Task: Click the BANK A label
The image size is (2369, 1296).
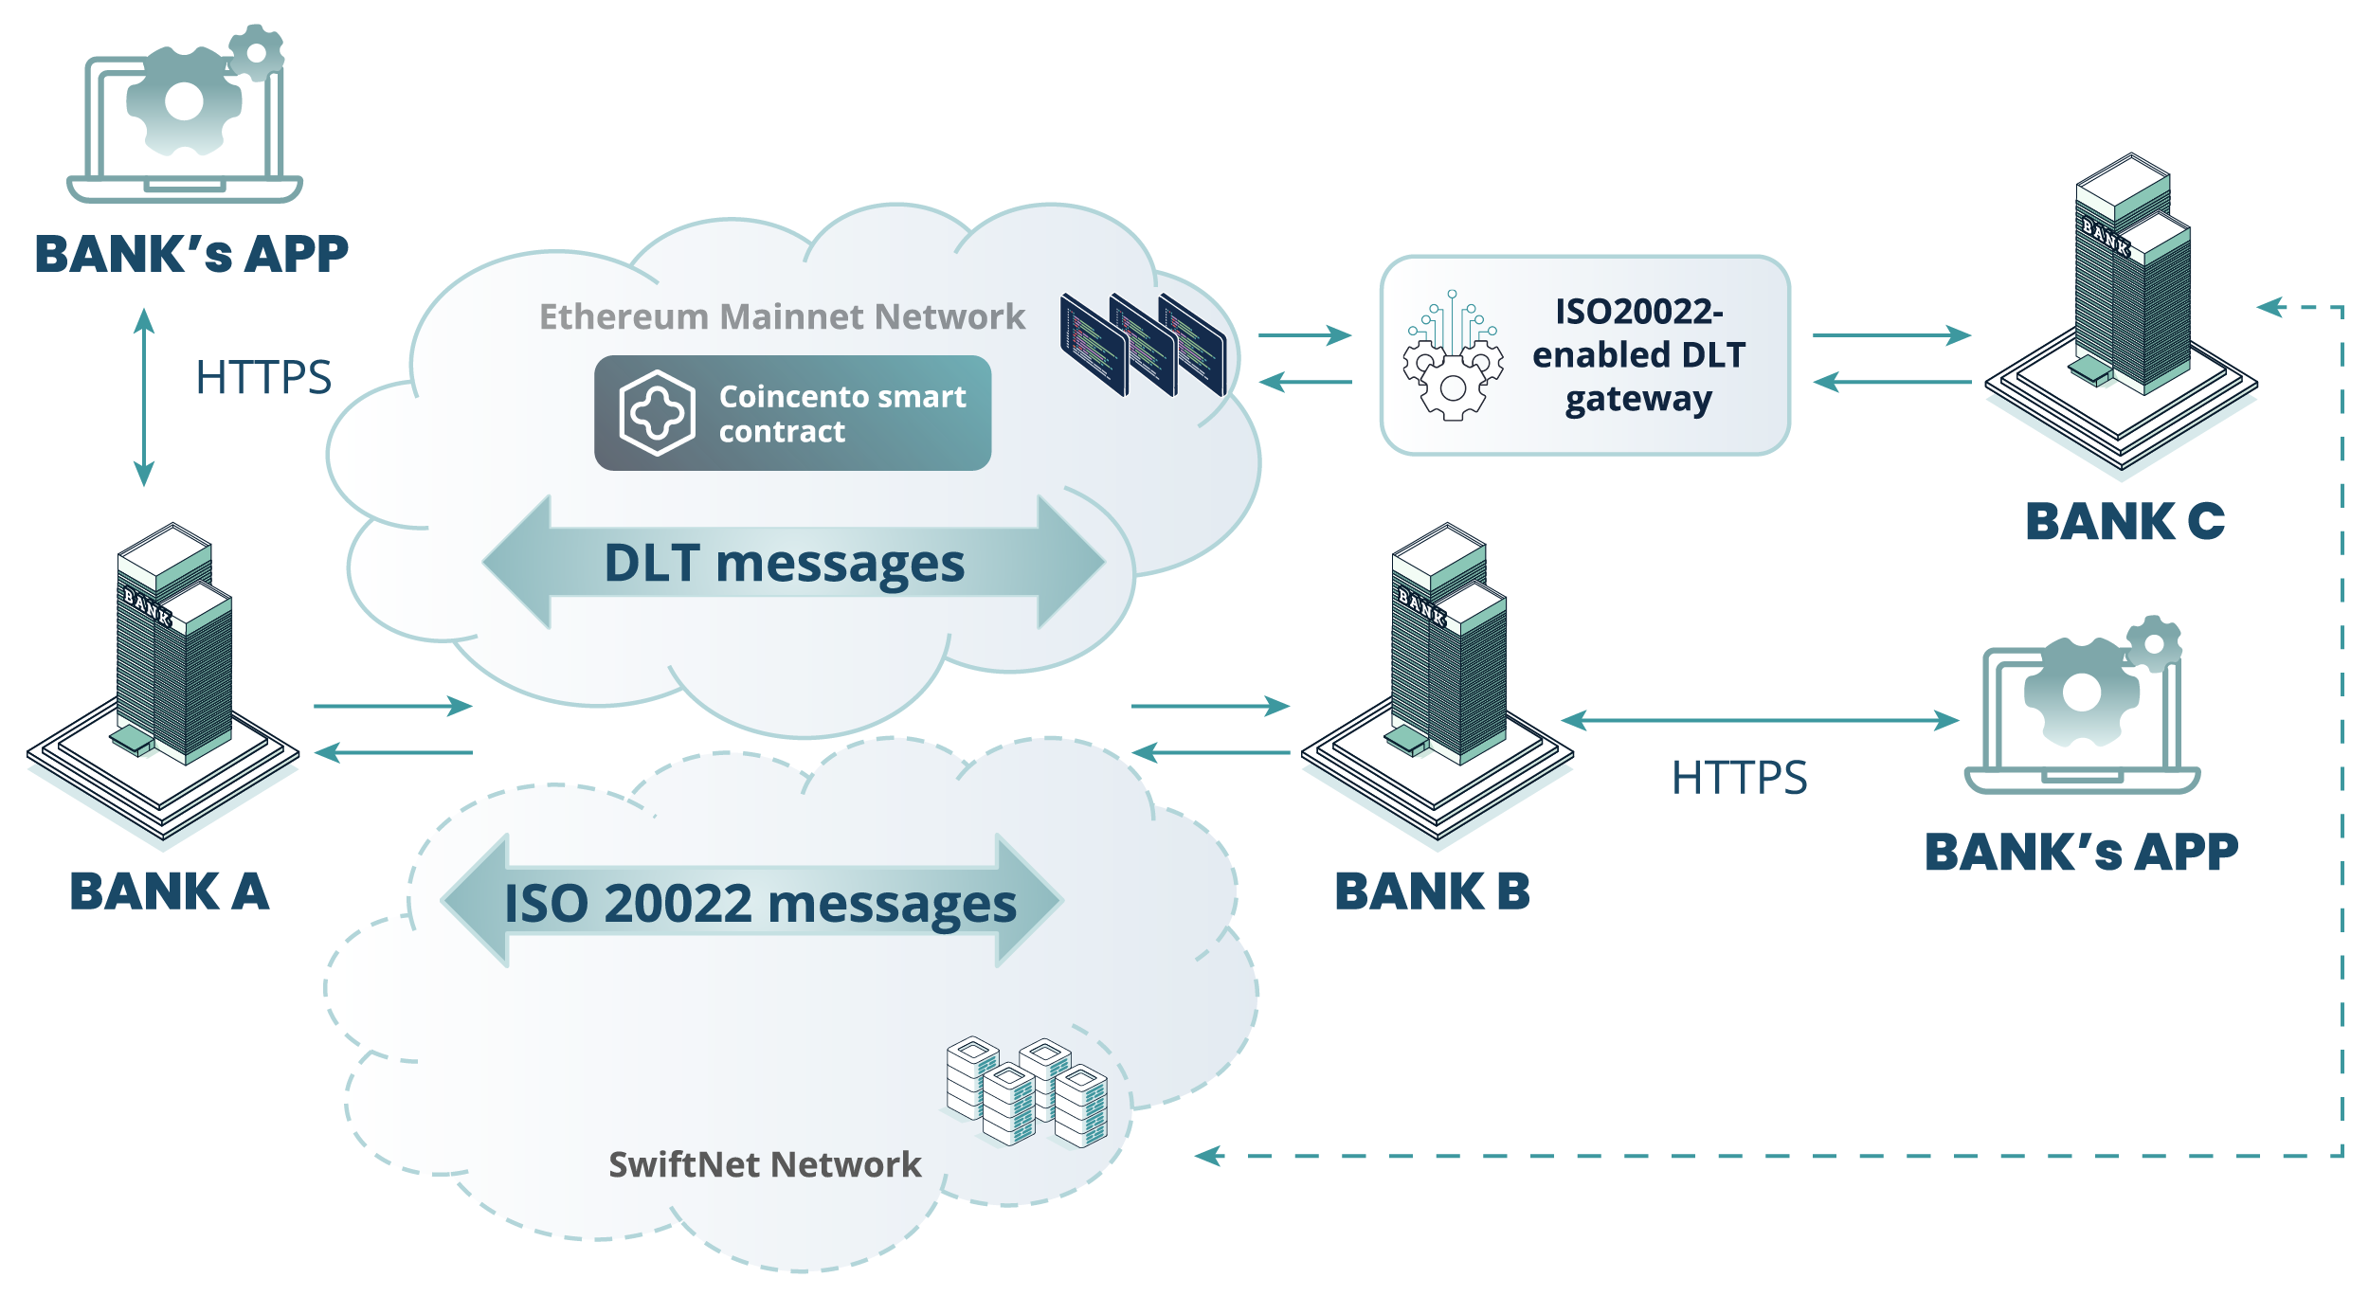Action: (x=170, y=891)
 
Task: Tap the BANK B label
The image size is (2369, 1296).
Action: (x=1432, y=891)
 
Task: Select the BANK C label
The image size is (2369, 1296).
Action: (x=2125, y=522)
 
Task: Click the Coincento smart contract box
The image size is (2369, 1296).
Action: (x=792, y=413)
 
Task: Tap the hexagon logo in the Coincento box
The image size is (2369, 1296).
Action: (x=657, y=413)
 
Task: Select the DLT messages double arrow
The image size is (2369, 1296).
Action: (x=792, y=563)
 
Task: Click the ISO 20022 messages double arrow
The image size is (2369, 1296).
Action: (x=753, y=902)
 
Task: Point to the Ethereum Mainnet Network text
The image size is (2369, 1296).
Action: (x=782, y=316)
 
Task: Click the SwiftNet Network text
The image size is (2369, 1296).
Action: (x=765, y=1164)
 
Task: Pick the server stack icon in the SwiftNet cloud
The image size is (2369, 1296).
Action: (x=1027, y=1091)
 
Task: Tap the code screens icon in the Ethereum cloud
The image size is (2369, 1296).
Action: (x=1143, y=345)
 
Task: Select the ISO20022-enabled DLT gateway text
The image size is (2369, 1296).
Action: (x=1638, y=355)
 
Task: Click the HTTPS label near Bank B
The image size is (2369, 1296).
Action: (x=1739, y=778)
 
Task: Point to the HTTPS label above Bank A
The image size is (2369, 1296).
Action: (x=263, y=377)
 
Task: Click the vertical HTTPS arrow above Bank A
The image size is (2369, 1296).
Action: (x=144, y=397)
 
